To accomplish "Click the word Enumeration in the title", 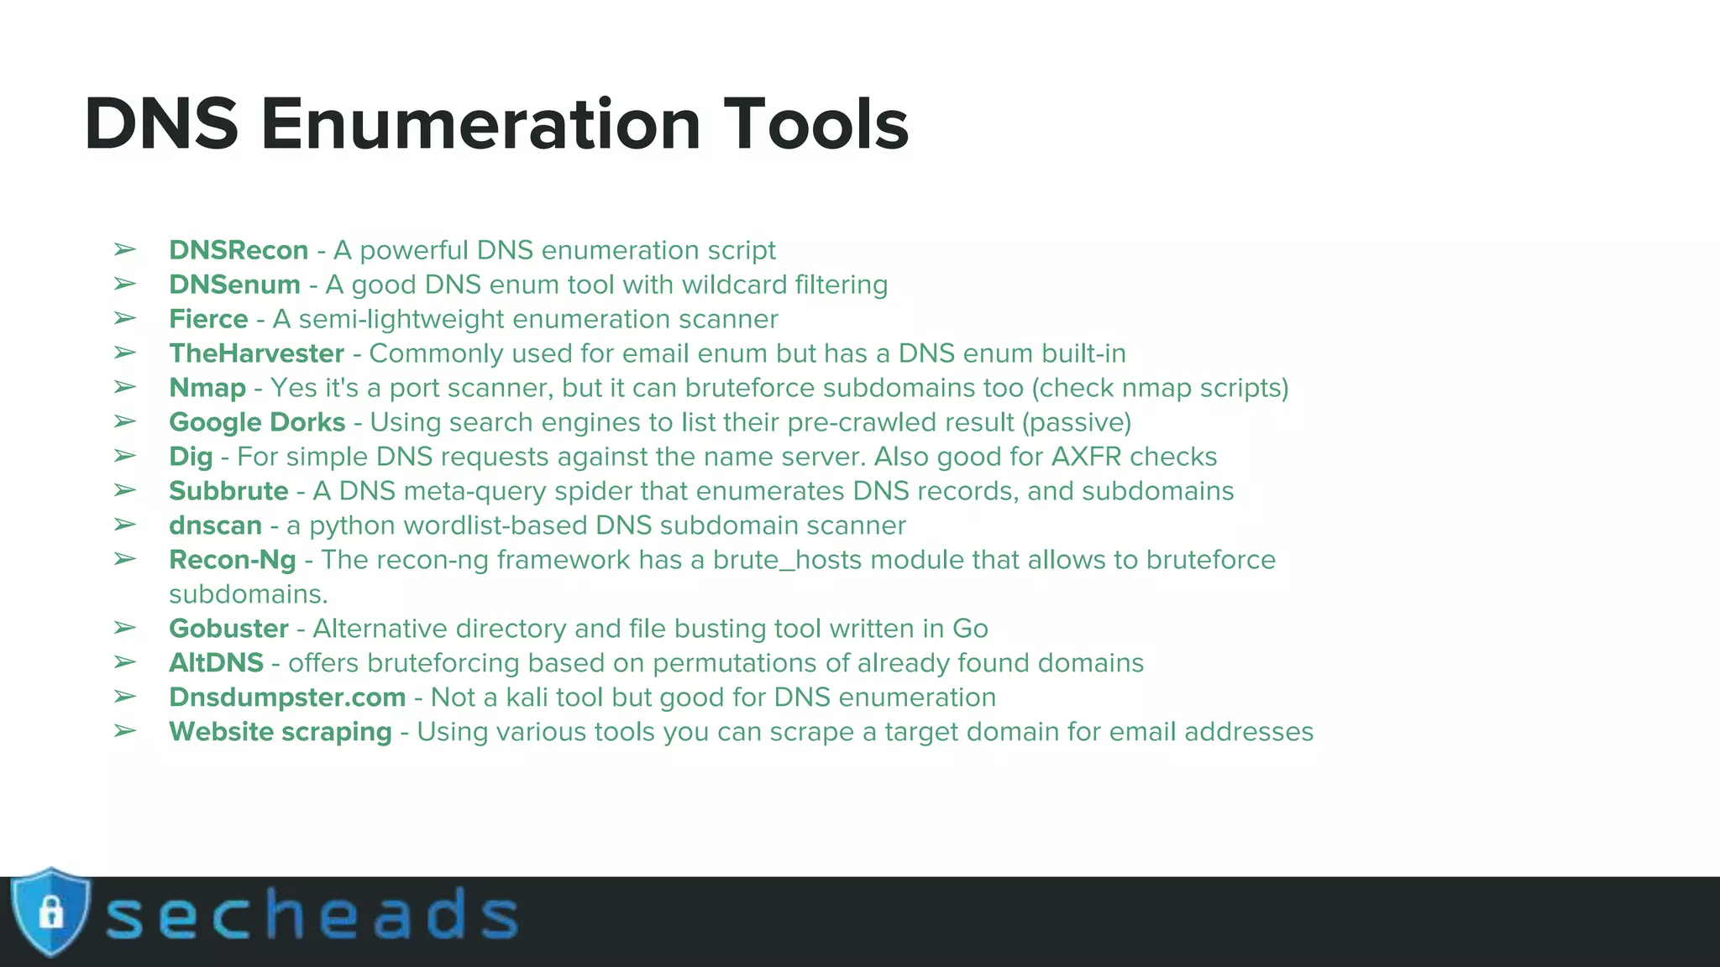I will click(x=480, y=124).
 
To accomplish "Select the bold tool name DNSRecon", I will click(x=239, y=250).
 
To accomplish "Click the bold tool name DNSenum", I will click(x=234, y=285).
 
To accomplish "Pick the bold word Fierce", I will click(x=208, y=319).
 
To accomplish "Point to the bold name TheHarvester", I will click(x=256, y=353).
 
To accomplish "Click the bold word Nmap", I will click(x=207, y=388).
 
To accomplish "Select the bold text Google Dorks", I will click(x=257, y=422).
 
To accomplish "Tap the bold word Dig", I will click(x=191, y=457).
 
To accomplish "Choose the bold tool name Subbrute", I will click(x=228, y=491).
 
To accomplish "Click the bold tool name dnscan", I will click(x=215, y=525).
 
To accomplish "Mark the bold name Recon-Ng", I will click(x=233, y=560).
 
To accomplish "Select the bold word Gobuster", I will click(x=228, y=629).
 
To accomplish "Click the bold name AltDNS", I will click(x=216, y=663).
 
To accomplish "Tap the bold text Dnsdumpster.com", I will click(x=287, y=698).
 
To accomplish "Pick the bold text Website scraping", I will click(x=281, y=732).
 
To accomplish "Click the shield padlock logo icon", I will click(x=50, y=912).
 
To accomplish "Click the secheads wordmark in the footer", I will click(x=311, y=915).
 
